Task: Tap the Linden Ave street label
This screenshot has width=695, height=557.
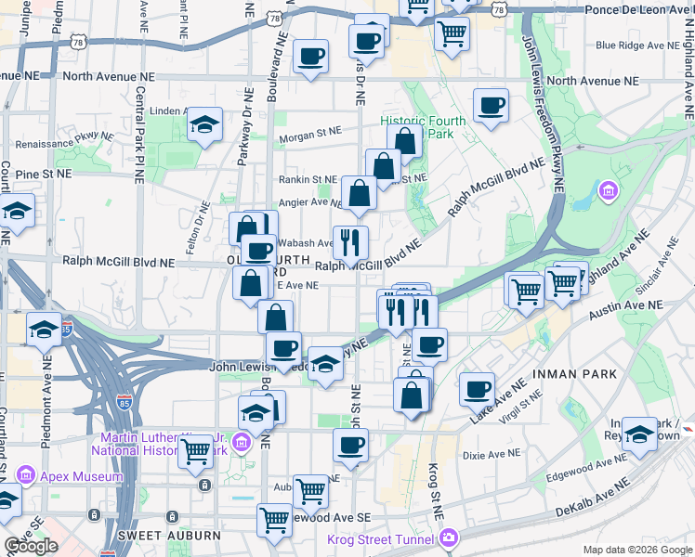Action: [169, 111]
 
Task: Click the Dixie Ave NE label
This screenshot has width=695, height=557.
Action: [492, 454]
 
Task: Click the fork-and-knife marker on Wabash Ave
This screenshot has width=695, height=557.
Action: [350, 242]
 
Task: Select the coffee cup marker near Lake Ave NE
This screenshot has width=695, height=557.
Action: [478, 389]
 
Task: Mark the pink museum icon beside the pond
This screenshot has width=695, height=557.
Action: [609, 190]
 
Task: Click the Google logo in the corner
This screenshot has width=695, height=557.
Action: [31, 546]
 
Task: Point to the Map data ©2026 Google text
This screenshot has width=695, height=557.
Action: [636, 550]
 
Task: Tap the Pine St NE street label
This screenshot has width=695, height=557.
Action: [36, 174]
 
